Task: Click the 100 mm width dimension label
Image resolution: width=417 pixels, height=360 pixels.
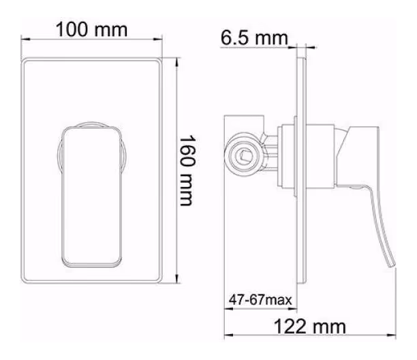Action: click(x=91, y=29)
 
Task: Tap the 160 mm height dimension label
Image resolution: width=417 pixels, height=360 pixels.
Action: click(x=187, y=171)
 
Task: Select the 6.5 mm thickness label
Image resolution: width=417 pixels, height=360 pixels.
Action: click(x=254, y=37)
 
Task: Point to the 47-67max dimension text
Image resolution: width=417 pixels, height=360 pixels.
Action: click(x=260, y=300)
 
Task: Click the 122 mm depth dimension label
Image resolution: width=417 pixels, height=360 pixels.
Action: click(x=310, y=327)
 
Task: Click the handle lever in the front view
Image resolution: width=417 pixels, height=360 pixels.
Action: click(x=92, y=196)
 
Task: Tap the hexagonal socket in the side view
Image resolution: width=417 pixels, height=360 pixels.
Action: click(x=244, y=155)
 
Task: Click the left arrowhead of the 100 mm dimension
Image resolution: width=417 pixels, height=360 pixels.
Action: click(x=25, y=40)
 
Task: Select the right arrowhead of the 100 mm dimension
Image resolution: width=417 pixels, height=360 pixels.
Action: click(x=158, y=40)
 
